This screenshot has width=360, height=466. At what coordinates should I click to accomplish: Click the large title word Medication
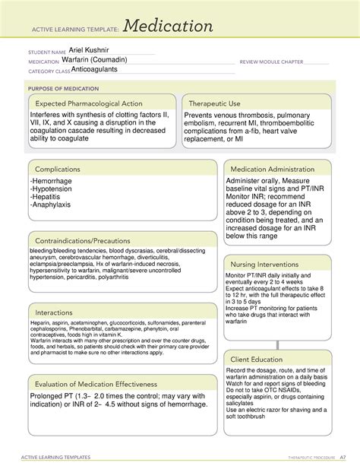tap(169, 27)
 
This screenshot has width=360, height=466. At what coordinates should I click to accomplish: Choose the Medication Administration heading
tap(278, 169)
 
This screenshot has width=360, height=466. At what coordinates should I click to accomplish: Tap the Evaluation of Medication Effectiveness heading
tap(96, 384)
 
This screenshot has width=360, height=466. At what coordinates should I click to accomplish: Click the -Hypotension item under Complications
tap(51, 191)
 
